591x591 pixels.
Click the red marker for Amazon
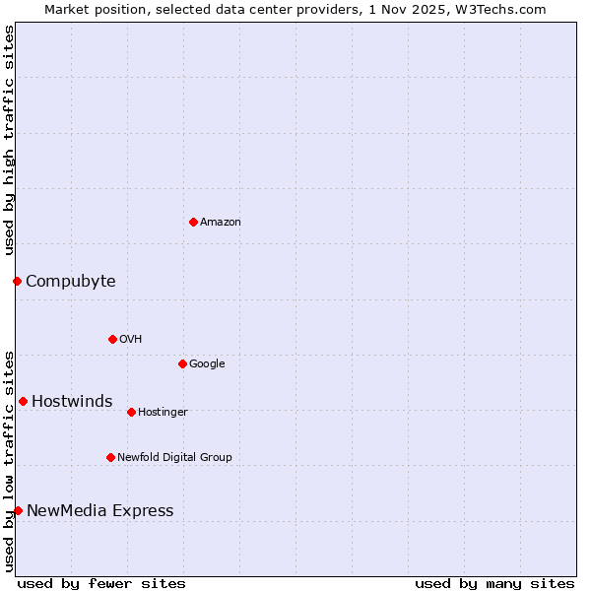pos(193,222)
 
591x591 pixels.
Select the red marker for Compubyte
pos(17,282)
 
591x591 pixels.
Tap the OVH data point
pos(112,339)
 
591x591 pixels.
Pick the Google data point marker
pos(182,363)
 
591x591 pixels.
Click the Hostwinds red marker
pos(23,401)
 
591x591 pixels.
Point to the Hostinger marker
pos(131,412)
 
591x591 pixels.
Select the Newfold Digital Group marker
pos(110,457)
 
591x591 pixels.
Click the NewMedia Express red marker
pos(18,510)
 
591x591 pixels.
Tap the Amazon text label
pos(221,223)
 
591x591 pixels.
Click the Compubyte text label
pos(70,282)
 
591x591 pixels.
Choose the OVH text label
pos(131,340)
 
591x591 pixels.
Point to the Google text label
pos(207,364)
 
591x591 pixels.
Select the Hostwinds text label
pos(72,402)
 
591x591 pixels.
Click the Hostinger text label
pos(163,413)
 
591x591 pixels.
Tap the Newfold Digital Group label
pos(174,458)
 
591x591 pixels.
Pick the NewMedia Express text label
pos(99,511)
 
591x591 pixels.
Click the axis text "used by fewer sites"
pos(101,583)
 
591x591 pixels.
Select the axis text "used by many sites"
pos(494,583)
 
